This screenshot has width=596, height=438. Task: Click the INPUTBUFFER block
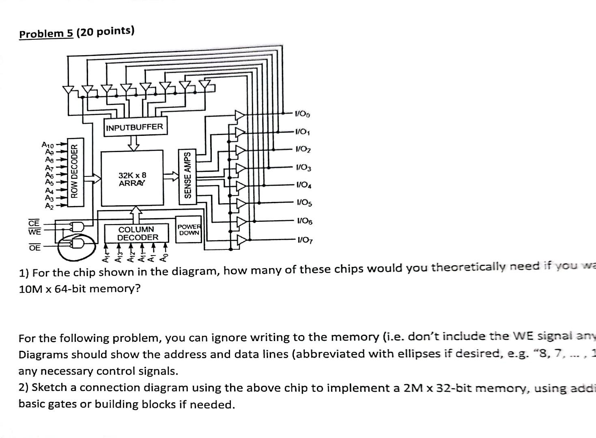(x=134, y=127)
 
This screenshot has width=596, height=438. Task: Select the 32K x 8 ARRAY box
(x=132, y=179)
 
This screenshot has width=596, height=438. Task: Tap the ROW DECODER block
(x=74, y=172)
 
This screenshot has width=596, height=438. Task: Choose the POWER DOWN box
(x=189, y=230)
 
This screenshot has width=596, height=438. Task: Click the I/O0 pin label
(x=302, y=114)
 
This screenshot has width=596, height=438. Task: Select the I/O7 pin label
(x=305, y=240)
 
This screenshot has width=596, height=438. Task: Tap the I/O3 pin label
(x=303, y=167)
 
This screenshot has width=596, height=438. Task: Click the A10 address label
(x=48, y=144)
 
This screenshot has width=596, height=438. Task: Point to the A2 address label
(x=49, y=206)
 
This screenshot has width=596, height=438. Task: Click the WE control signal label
(x=34, y=232)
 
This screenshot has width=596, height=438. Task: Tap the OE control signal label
(x=34, y=247)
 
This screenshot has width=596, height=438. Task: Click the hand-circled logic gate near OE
(x=77, y=243)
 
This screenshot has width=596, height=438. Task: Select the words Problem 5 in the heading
(x=46, y=33)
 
